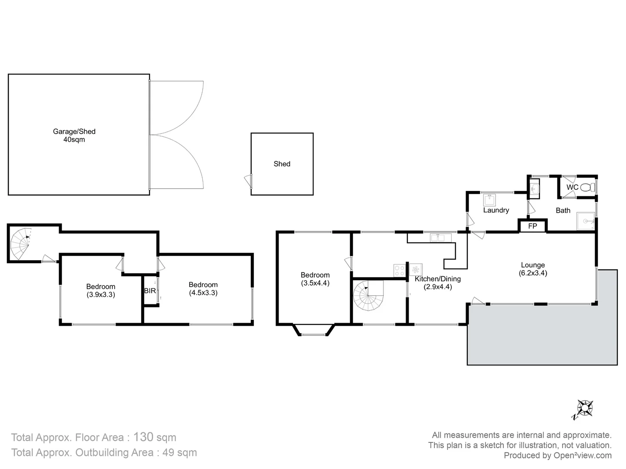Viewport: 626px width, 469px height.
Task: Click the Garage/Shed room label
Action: tap(74, 131)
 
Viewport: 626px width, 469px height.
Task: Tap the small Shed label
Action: tap(282, 164)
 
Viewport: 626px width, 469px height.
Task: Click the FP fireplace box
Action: tap(533, 226)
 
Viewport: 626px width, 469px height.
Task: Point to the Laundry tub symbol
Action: tap(490, 200)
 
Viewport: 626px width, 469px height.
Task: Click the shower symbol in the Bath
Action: tap(585, 221)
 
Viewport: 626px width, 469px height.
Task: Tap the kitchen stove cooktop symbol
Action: tap(399, 270)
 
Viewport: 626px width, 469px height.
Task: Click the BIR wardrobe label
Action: tap(150, 291)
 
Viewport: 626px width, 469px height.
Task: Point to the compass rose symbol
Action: tap(585, 408)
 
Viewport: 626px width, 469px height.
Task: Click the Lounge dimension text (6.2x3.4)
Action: tap(533, 273)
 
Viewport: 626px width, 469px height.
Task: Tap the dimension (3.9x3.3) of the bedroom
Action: tap(100, 294)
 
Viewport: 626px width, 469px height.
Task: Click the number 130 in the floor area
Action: tap(143, 437)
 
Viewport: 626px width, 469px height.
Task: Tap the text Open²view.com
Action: tap(582, 456)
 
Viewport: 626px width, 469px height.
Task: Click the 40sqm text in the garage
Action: tap(74, 139)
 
